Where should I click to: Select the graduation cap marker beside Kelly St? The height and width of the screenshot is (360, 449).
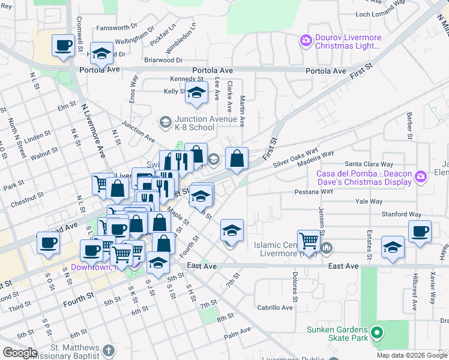[x=196, y=92]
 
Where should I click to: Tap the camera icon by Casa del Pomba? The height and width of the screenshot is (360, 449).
[x=420, y=176]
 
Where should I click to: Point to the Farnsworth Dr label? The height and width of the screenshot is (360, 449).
[x=116, y=28]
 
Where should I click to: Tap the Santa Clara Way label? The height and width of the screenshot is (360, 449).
[x=368, y=164]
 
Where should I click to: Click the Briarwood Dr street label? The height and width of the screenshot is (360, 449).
[x=163, y=61]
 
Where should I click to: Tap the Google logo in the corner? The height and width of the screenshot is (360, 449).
[x=20, y=353]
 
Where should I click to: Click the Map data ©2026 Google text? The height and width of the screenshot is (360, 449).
[x=412, y=355]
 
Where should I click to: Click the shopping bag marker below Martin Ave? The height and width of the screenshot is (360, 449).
[x=237, y=159]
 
